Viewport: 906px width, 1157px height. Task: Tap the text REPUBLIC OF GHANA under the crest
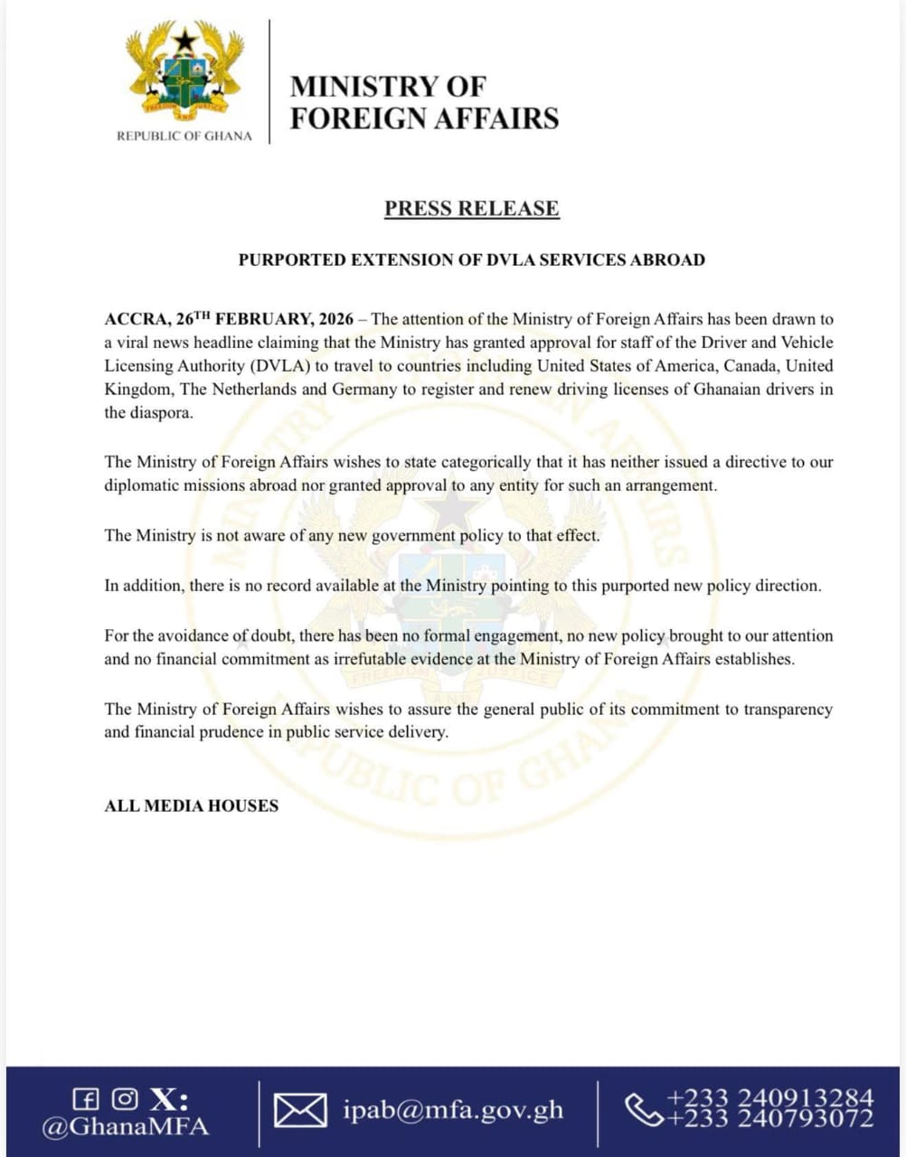coord(184,136)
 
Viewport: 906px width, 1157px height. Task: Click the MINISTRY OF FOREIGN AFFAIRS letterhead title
coord(424,102)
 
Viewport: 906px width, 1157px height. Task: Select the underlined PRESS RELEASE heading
coord(472,208)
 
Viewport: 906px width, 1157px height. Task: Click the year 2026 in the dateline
coord(336,319)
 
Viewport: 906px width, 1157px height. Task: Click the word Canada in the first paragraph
coord(752,366)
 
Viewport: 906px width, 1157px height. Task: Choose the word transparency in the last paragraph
coord(788,710)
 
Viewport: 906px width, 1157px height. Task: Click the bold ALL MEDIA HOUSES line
coord(192,805)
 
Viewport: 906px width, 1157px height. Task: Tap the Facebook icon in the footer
coord(85,1099)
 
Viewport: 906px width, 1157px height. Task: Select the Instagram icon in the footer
coord(125,1099)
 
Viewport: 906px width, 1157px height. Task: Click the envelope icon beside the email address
coord(300,1111)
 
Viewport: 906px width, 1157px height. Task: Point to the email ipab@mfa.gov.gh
coord(452,1110)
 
